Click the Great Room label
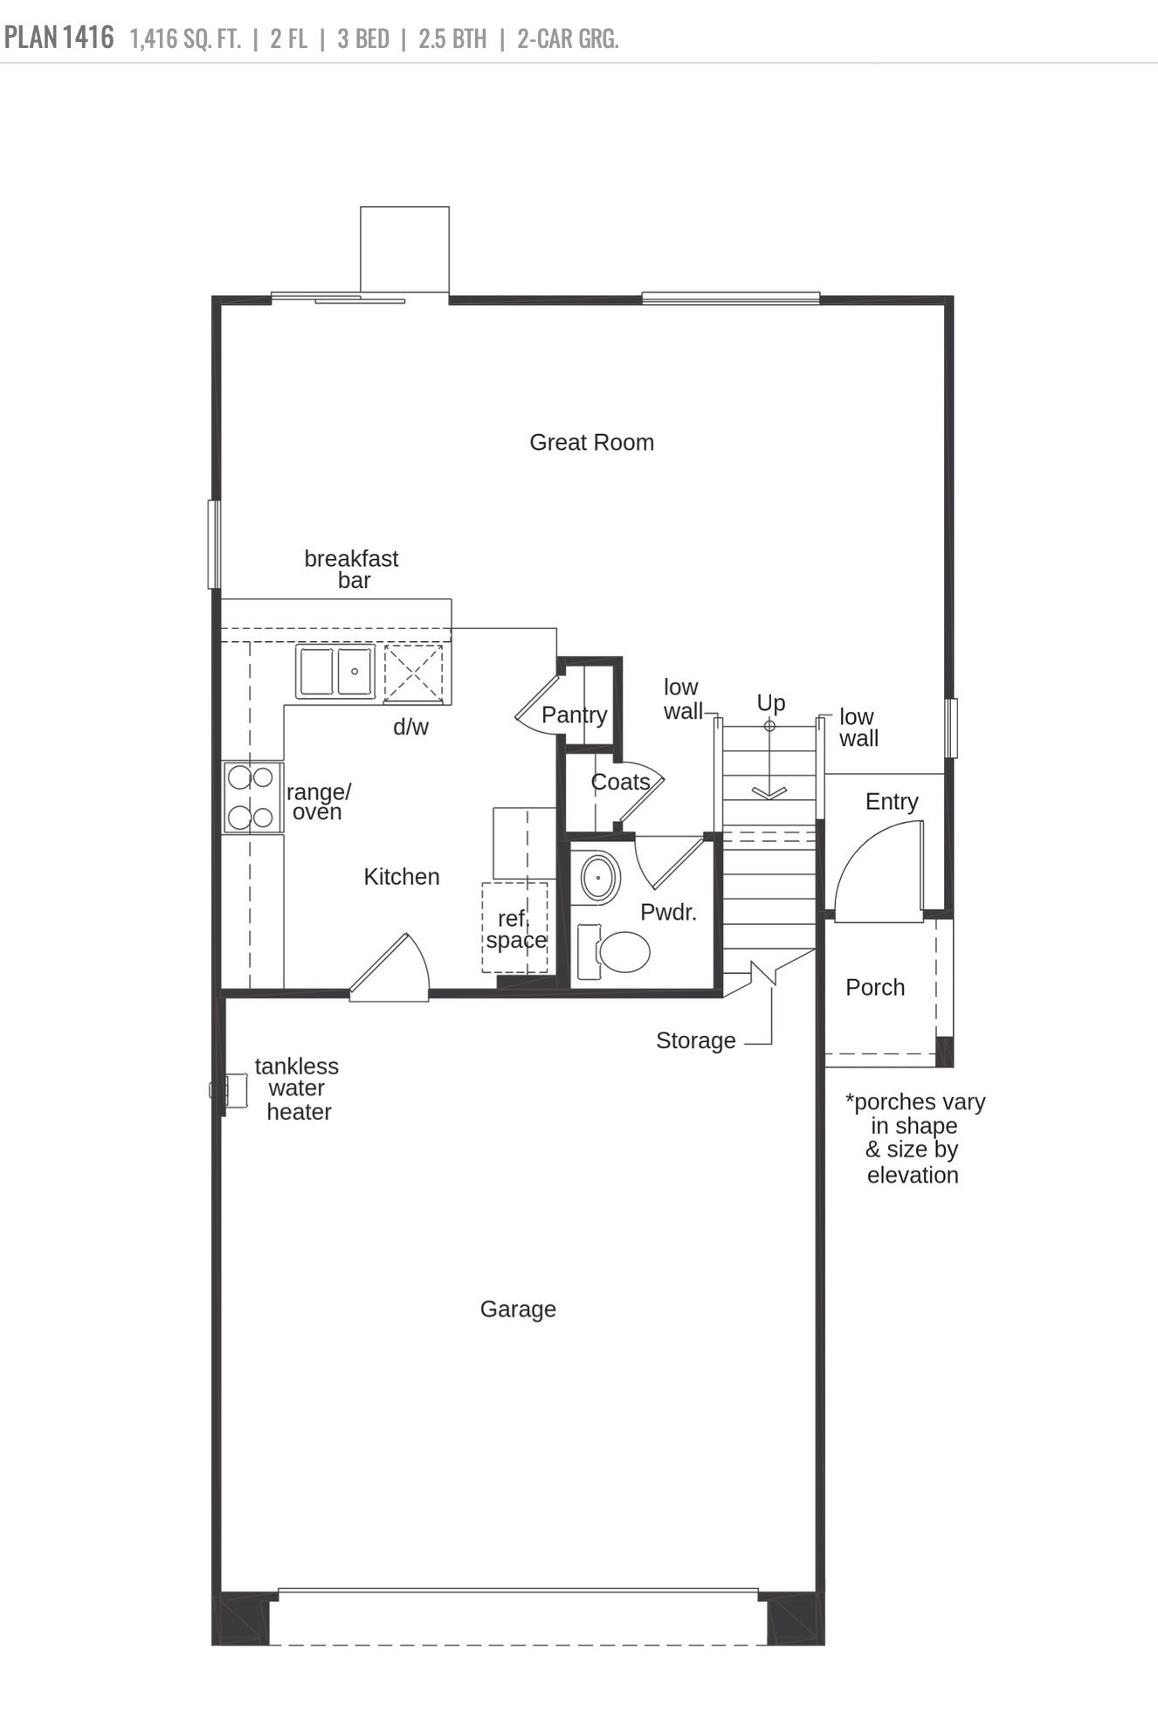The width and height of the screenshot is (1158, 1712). click(x=591, y=443)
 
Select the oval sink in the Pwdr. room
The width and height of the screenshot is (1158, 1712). click(x=599, y=876)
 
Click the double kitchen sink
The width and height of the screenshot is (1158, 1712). click(x=335, y=671)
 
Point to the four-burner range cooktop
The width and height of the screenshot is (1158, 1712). click(x=252, y=797)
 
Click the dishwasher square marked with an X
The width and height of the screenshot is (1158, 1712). click(x=413, y=672)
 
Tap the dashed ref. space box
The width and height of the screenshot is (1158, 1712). click(x=515, y=928)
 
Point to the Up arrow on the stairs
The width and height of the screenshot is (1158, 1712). click(x=769, y=760)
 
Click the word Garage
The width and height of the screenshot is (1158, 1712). click(x=518, y=1309)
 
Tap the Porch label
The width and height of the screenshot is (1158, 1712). click(x=875, y=988)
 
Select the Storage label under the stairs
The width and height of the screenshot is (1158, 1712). click(x=695, y=1041)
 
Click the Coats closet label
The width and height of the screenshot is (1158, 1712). click(x=619, y=782)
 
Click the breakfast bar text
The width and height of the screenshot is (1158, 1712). click(x=352, y=569)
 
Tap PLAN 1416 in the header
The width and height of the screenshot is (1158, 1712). click(x=59, y=38)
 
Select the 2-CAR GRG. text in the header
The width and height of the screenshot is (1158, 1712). click(x=568, y=39)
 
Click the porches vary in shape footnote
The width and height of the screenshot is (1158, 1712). click(x=913, y=1138)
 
